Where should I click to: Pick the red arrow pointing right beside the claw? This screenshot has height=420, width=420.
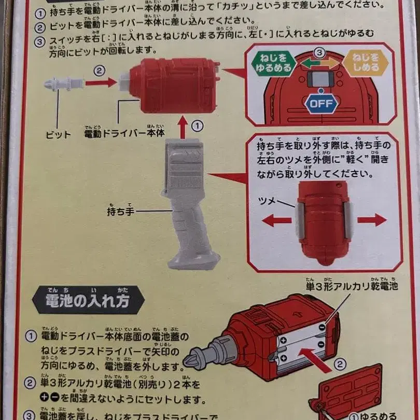372,220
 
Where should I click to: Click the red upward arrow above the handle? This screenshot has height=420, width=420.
183,127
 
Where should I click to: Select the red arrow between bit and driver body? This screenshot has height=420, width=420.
101,82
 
